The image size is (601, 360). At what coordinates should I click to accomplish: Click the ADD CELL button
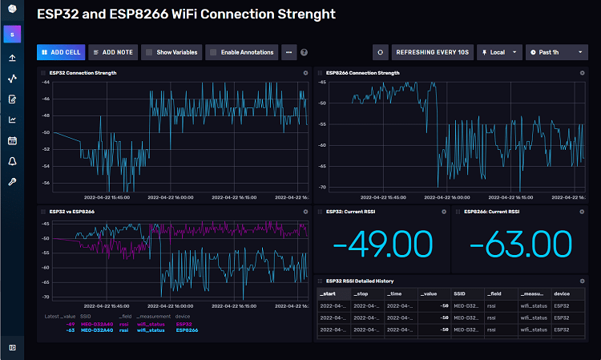click(60, 52)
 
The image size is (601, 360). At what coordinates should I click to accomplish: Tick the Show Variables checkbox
click(148, 52)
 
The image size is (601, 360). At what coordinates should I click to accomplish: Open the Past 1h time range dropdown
click(556, 52)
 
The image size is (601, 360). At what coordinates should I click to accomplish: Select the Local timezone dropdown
click(499, 52)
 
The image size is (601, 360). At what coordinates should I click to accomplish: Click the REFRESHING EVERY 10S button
click(433, 52)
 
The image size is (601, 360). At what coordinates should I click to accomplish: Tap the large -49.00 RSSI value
click(382, 245)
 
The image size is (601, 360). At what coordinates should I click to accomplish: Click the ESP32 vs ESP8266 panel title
click(72, 212)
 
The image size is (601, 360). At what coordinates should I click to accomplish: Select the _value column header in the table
click(430, 294)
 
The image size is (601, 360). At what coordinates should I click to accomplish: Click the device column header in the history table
click(562, 294)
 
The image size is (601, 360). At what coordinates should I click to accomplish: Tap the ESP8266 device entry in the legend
click(186, 330)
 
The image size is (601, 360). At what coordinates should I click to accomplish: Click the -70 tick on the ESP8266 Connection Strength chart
click(321, 188)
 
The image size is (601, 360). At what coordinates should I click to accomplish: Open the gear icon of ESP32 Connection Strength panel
click(305, 73)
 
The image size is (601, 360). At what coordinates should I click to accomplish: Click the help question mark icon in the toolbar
click(304, 52)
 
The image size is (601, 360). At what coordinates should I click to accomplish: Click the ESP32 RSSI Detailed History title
click(360, 281)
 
